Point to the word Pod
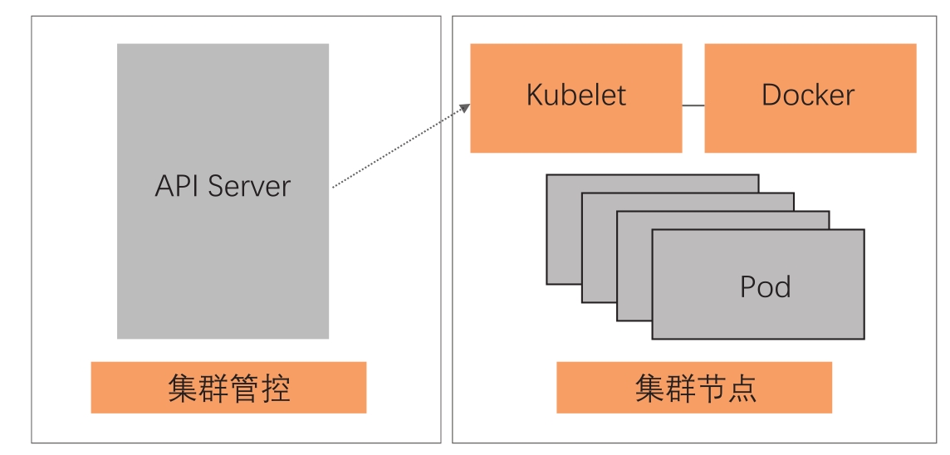765,286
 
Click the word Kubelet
575,95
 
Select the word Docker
807,95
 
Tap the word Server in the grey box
249,185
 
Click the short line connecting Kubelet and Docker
693,105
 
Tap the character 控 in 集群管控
276,388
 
